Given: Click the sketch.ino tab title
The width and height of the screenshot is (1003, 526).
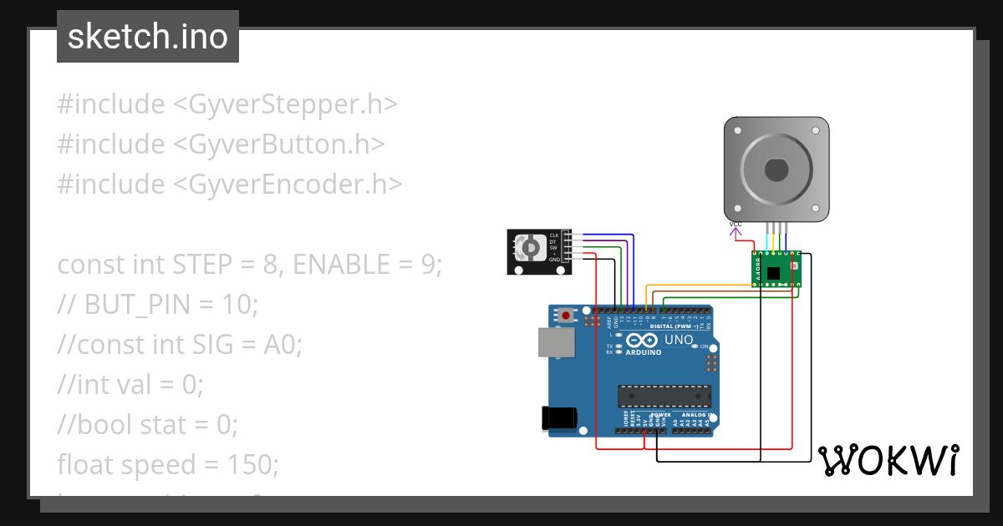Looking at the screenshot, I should click(147, 37).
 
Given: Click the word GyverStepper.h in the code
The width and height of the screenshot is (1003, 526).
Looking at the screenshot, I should click(284, 104).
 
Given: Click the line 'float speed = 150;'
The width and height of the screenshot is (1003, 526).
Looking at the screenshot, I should click(168, 464).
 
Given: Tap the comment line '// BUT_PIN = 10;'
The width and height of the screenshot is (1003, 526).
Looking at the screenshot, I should click(158, 305).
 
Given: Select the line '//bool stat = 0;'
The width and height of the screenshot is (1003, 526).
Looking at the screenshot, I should click(148, 425).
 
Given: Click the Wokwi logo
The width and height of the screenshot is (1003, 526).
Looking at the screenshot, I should click(887, 460).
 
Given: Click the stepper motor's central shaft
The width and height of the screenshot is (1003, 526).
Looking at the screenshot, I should click(776, 169).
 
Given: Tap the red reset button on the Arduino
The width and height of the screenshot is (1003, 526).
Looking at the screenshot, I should click(568, 316).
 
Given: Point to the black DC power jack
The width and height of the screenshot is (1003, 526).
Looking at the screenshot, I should click(558, 417).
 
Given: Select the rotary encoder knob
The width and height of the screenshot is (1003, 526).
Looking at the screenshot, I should click(529, 248).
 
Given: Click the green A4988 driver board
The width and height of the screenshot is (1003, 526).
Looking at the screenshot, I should click(776, 270).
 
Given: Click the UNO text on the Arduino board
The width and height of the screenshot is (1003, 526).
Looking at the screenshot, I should click(678, 341).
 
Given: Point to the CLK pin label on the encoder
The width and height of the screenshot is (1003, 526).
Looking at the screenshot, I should click(553, 236).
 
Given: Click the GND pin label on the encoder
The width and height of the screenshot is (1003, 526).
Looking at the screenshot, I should click(553, 260).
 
